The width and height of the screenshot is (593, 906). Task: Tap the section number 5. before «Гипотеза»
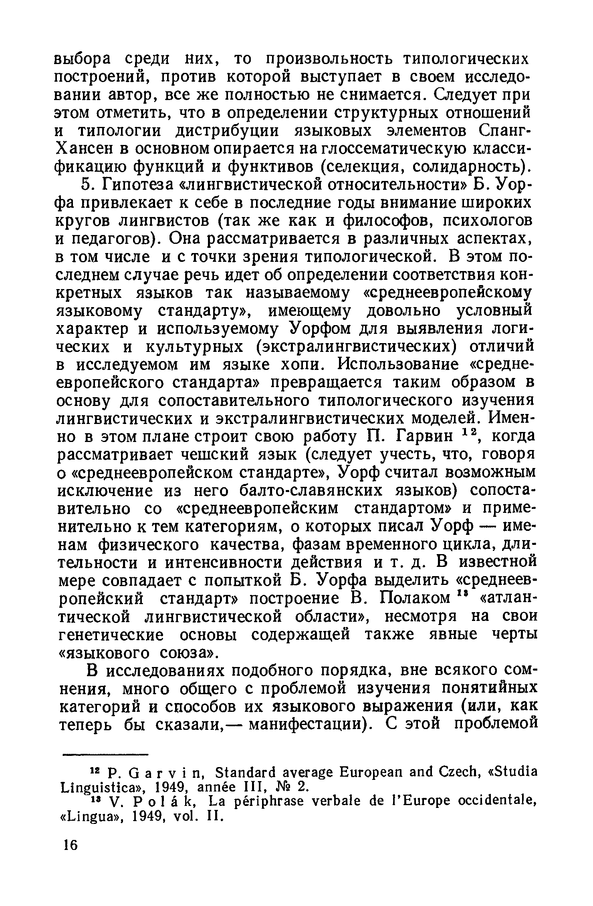87,185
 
